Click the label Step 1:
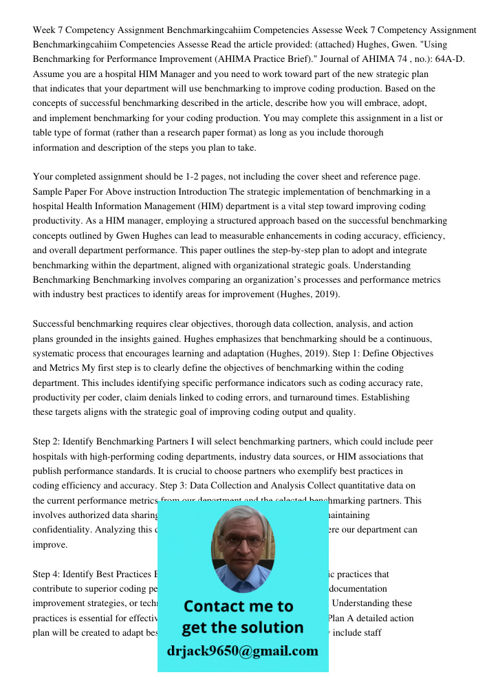coord(386,353)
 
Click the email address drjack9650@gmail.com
coord(243,651)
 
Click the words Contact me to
coord(239,606)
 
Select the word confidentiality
coord(63,530)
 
